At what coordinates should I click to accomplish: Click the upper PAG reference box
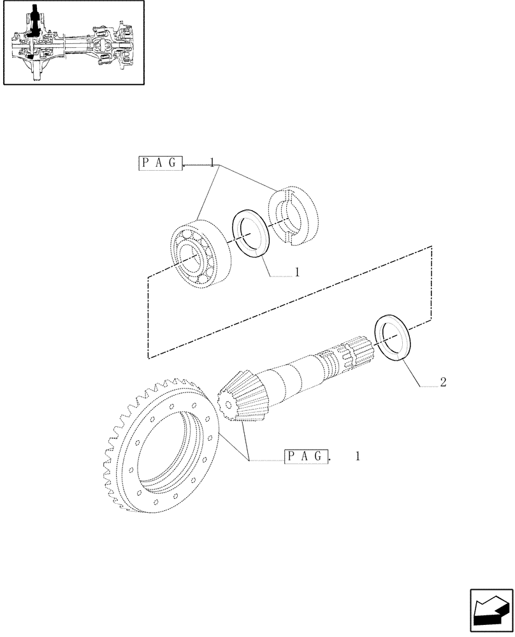coord(160,164)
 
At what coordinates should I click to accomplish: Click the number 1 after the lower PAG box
coord(357,456)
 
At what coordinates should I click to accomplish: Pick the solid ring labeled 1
coord(252,234)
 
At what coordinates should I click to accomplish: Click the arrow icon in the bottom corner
coord(490,612)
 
